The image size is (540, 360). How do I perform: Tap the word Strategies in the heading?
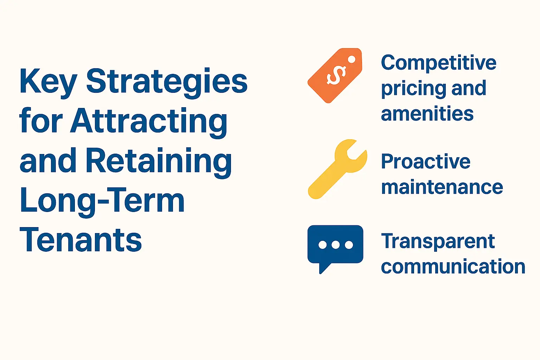point(167,82)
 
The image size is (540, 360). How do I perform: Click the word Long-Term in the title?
point(102,201)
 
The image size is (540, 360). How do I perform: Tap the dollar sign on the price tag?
point(336,75)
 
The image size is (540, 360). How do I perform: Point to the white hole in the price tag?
point(352,59)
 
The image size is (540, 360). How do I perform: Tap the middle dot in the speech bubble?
point(335,245)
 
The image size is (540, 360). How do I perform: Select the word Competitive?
point(438,63)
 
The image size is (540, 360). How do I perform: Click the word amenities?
point(427,114)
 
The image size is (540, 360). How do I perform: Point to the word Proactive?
point(426,162)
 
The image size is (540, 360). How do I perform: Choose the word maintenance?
point(442,187)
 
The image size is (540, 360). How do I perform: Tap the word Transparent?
point(438,242)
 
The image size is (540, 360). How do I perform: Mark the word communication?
point(453,267)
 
